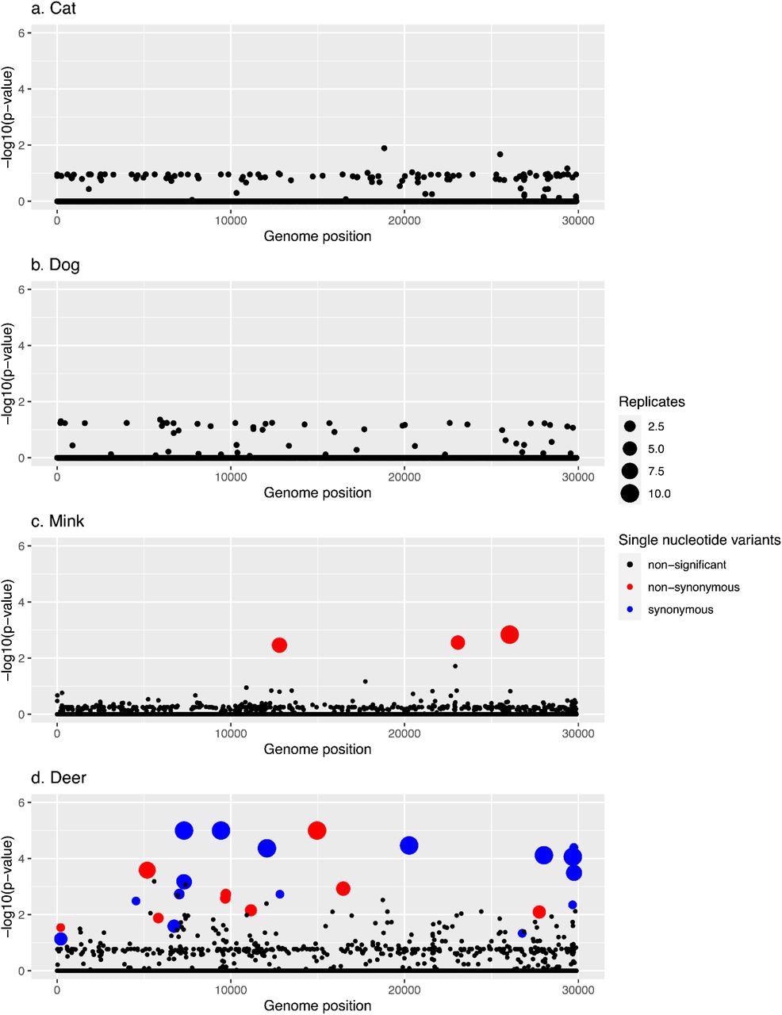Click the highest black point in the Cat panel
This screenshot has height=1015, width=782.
[x=384, y=148]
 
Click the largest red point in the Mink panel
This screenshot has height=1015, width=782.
[x=510, y=634]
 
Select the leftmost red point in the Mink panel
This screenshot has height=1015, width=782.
[x=279, y=645]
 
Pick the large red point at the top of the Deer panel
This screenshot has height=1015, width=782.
[x=317, y=830]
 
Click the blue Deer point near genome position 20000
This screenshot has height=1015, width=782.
[x=409, y=845]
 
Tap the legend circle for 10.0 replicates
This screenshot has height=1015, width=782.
[x=631, y=493]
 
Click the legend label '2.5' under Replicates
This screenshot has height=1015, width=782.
[x=656, y=427]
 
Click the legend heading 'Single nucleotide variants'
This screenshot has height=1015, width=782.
[x=700, y=540]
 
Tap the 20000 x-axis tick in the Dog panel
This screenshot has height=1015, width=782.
[x=404, y=475]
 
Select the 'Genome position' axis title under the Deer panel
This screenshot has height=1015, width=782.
[x=317, y=1005]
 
